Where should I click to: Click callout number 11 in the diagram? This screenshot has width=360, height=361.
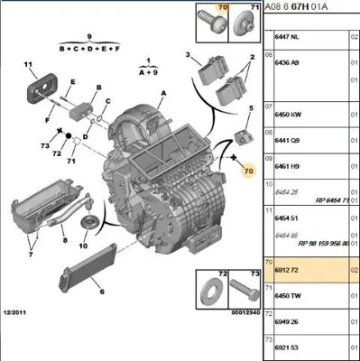tap(28, 65)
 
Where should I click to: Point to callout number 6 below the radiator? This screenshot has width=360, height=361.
tap(101, 292)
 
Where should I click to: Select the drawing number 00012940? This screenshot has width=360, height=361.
tap(235, 312)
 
